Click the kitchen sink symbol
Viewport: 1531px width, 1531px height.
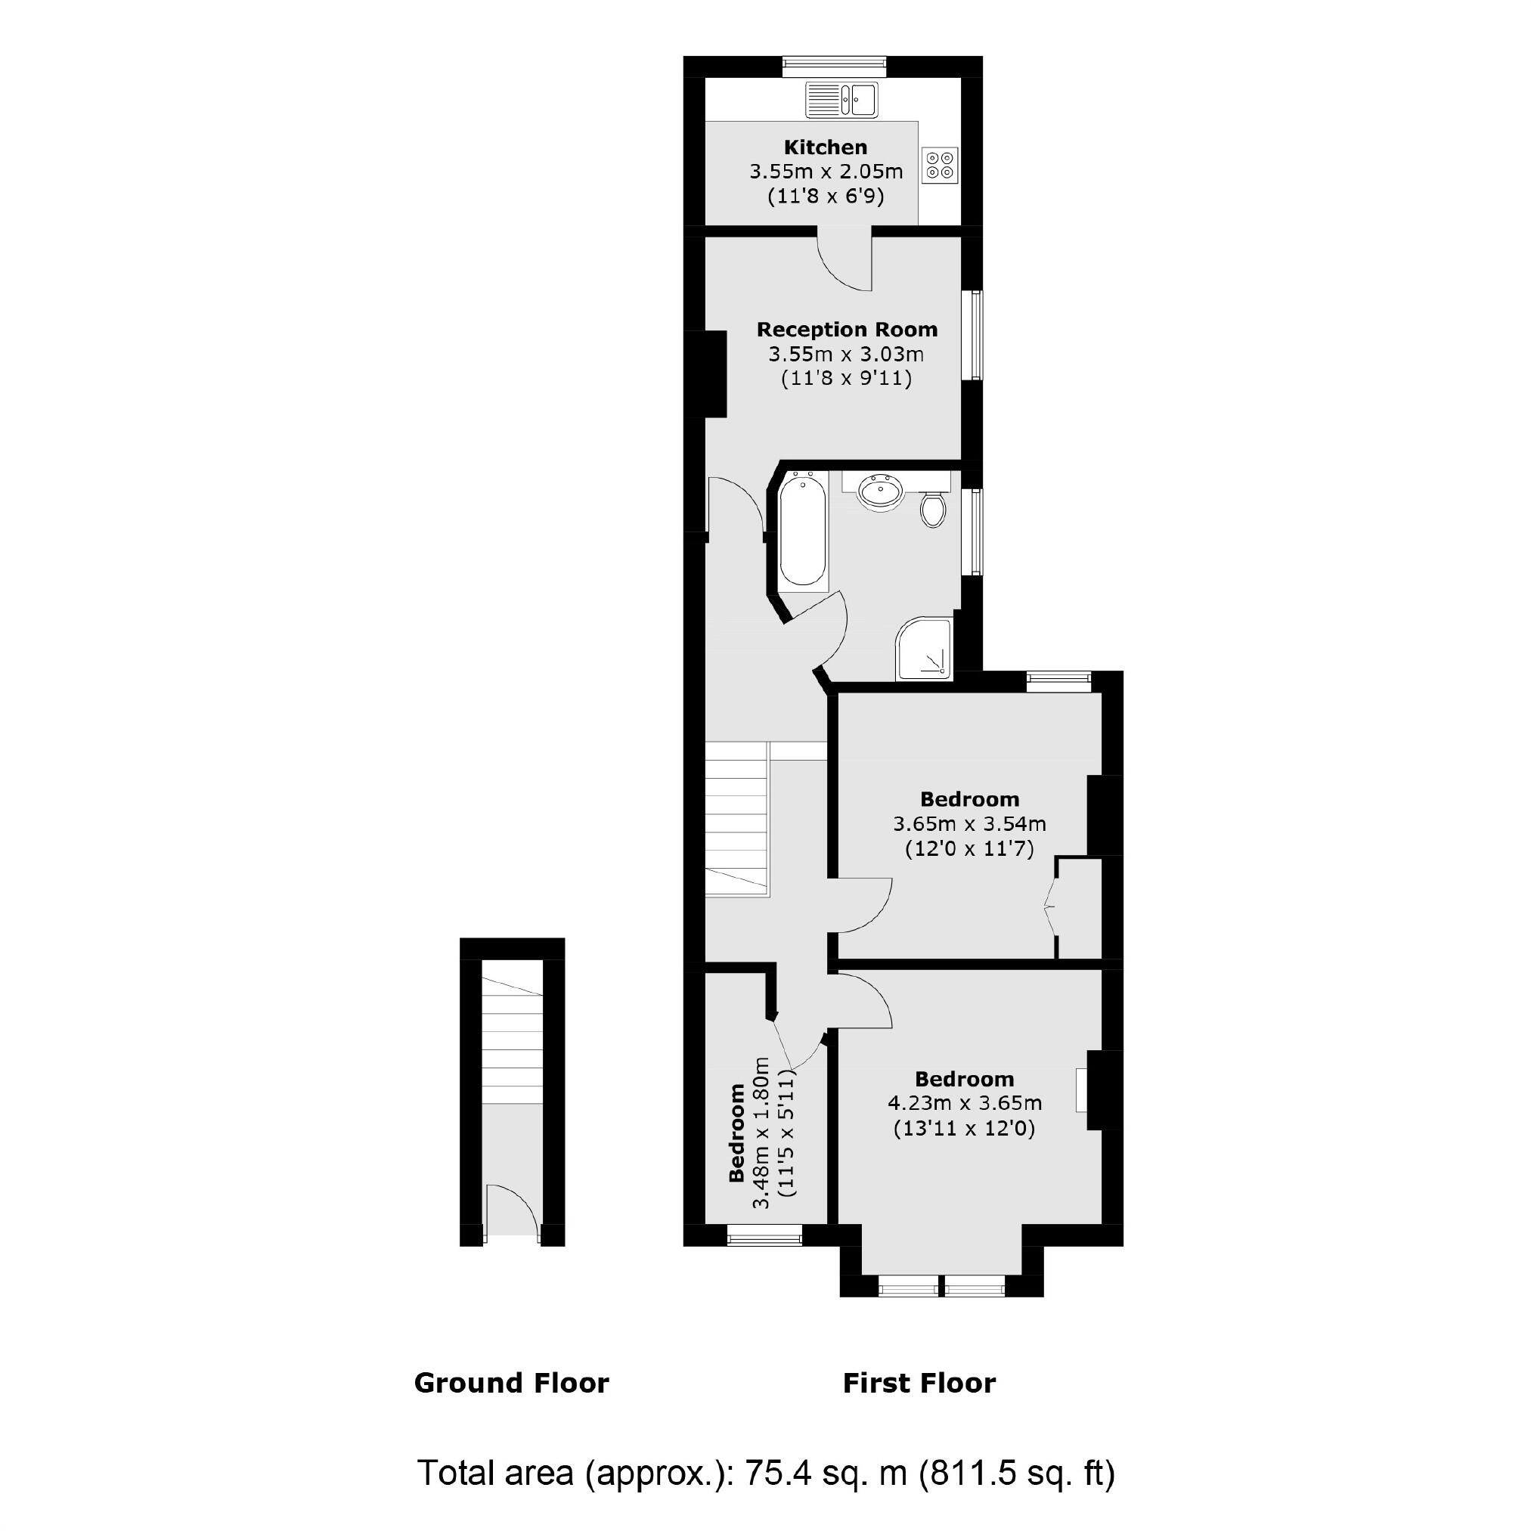(x=841, y=100)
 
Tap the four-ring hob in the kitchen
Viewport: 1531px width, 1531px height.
(x=941, y=165)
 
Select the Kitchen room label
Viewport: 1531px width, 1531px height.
(x=825, y=147)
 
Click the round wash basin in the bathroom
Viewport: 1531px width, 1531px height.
(x=879, y=492)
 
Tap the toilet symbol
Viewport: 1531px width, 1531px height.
(x=934, y=509)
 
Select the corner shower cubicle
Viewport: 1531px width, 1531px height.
(x=924, y=649)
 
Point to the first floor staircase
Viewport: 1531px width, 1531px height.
(x=736, y=819)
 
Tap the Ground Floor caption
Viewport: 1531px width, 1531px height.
(x=511, y=1383)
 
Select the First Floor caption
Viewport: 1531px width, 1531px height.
(x=919, y=1383)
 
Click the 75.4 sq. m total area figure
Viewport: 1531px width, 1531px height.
(x=825, y=1472)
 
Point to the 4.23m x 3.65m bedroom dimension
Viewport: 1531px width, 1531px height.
(x=965, y=1102)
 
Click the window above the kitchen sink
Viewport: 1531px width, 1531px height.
(x=834, y=67)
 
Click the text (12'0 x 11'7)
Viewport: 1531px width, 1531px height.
(x=969, y=849)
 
